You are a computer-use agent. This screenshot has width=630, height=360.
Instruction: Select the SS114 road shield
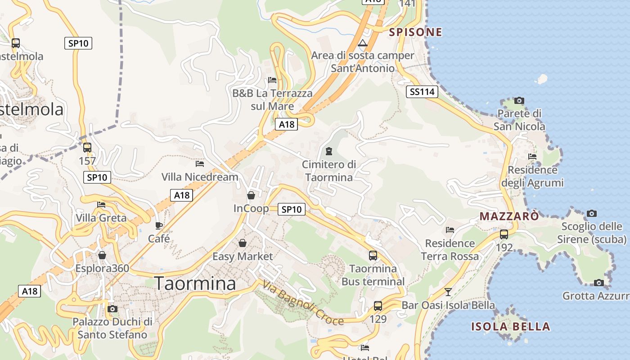pyautogui.click(x=422, y=92)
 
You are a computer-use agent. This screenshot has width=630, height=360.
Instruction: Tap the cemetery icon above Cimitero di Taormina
pyautogui.click(x=328, y=151)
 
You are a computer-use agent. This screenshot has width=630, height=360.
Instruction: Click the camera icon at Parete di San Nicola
pyautogui.click(x=519, y=100)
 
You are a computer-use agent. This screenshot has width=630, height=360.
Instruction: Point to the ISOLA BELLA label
pyautogui.click(x=510, y=327)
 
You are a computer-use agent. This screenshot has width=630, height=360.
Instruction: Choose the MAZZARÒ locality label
pyautogui.click(x=508, y=216)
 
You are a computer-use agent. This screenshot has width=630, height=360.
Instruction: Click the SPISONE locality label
pyautogui.click(x=415, y=32)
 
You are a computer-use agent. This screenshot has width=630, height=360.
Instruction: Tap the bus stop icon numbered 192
pyautogui.click(x=504, y=234)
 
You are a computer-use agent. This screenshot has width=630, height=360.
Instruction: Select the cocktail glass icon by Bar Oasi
pyautogui.click(x=448, y=292)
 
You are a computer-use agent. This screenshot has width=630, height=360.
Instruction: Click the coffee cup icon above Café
pyautogui.click(x=159, y=225)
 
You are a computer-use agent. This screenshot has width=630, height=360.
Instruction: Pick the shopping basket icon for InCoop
pyautogui.click(x=251, y=195)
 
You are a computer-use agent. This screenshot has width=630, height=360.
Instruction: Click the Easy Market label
pyautogui.click(x=243, y=256)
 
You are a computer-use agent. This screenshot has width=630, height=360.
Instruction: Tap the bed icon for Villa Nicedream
pyautogui.click(x=200, y=164)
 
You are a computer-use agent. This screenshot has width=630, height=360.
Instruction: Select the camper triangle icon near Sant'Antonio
pyautogui.click(x=362, y=44)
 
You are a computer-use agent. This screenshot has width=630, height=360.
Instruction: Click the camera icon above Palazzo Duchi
pyautogui.click(x=112, y=309)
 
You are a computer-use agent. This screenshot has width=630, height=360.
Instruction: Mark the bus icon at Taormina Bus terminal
pyautogui.click(x=373, y=256)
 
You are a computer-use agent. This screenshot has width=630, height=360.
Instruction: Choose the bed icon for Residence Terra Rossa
pyautogui.click(x=450, y=230)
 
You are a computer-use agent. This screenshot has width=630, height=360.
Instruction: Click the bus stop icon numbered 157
pyautogui.click(x=87, y=148)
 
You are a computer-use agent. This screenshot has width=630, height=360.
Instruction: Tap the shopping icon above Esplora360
pyautogui.click(x=102, y=255)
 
